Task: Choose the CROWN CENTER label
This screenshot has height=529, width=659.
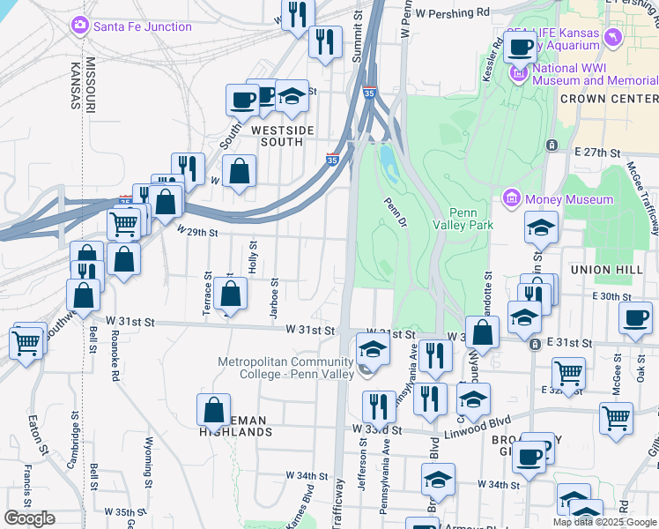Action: (x=608, y=99)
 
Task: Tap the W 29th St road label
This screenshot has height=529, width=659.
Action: (x=196, y=232)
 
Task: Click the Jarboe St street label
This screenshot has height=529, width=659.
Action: (x=275, y=294)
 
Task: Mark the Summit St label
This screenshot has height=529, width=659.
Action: (x=359, y=36)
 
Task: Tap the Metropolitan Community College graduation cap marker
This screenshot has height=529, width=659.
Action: (x=373, y=349)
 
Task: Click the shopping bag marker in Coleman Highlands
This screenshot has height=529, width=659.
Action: (x=214, y=410)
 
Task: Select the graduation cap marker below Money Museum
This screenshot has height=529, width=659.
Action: (x=540, y=228)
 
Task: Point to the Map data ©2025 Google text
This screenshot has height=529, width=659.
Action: (x=603, y=522)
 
